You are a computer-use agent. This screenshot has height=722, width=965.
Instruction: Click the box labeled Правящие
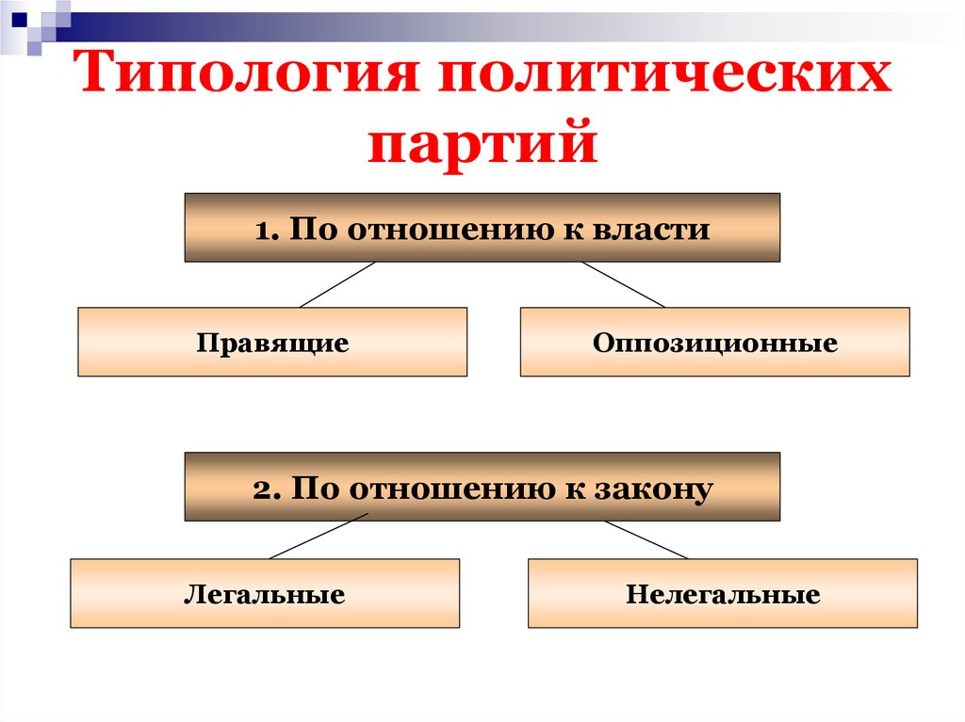click(272, 342)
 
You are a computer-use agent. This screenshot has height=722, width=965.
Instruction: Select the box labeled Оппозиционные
click(714, 342)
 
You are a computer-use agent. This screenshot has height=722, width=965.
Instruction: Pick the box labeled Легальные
click(265, 594)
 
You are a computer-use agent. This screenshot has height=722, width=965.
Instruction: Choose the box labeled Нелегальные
click(722, 594)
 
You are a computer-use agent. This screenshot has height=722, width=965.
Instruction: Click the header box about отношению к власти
click(482, 228)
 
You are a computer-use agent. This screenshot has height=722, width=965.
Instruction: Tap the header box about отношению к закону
click(482, 488)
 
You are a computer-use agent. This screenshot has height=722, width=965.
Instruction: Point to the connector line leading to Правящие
click(337, 284)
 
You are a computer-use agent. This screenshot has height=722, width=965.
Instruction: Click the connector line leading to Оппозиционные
click(624, 284)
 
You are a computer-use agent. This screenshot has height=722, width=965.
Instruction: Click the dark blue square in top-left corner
click(18, 16)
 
